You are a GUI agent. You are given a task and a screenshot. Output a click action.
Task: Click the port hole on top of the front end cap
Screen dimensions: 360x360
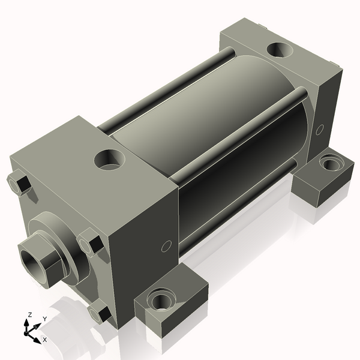tap(111, 160)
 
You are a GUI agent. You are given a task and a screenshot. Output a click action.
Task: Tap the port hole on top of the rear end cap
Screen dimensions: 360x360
tap(280, 51)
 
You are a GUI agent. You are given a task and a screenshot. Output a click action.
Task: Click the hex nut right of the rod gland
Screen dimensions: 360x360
tap(91, 243)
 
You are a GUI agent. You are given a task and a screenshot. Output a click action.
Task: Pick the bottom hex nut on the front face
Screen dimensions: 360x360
tap(100, 313)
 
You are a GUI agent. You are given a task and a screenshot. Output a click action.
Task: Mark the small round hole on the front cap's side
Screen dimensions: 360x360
tap(167, 245)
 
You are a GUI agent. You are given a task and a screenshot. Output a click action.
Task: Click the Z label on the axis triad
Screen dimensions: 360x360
tap(29, 315)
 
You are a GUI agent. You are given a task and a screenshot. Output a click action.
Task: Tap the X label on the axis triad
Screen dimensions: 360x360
tap(45, 340)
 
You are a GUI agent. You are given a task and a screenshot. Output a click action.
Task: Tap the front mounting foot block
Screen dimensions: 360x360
tap(174, 309)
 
